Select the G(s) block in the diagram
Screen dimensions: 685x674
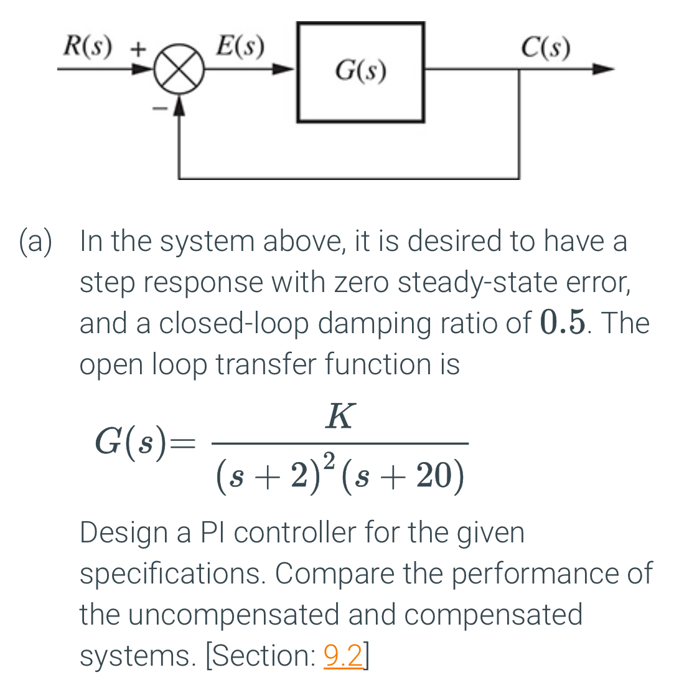tap(361, 72)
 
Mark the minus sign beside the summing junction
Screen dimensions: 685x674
tap(161, 107)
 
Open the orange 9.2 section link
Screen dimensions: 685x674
tap(344, 656)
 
